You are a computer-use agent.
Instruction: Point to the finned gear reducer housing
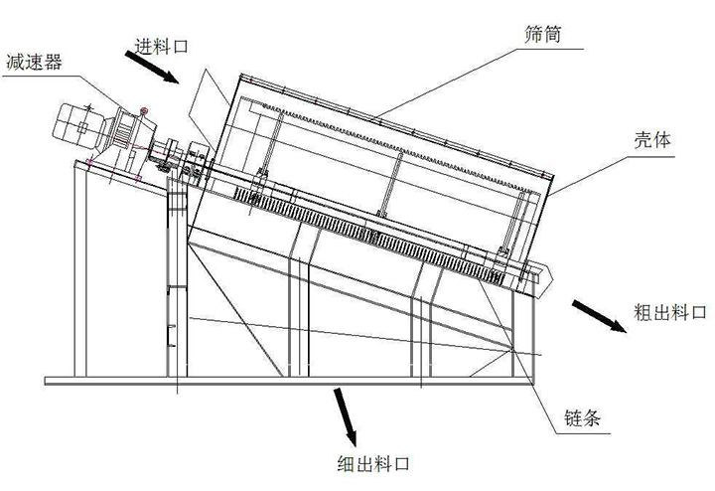pos(126,129)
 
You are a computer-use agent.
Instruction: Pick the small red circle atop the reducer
pos(146,110)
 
